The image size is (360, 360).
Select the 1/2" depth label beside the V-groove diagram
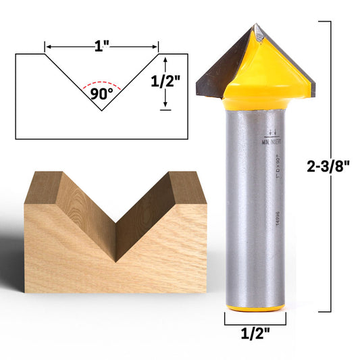(165, 81)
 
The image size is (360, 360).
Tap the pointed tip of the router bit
(255, 28)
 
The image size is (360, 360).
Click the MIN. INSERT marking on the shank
(272, 143)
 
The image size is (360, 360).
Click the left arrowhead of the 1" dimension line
(48, 47)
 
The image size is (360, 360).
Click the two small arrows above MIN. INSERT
(272, 132)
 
